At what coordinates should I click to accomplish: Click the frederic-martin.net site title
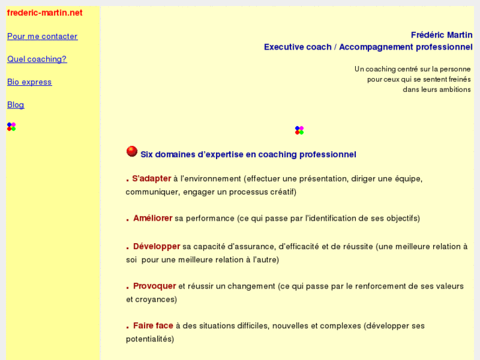pos(44,13)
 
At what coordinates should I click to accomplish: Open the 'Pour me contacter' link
pos(42,36)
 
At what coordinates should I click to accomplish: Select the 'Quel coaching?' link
pos(37,59)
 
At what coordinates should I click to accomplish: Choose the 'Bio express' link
pos(29,82)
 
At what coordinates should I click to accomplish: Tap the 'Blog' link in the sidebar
pos(15,104)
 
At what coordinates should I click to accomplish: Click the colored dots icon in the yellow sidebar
pos(11,126)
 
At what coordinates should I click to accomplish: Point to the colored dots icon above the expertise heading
pos(299,130)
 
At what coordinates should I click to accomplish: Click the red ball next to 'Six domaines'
pos(132,151)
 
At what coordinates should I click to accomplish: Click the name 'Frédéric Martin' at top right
pos(441,35)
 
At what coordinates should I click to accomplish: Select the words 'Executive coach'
pos(297,47)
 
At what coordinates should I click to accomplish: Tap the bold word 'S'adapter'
pos(151,178)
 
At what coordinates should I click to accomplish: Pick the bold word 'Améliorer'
pos(153,218)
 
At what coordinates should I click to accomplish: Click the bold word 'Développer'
pos(156,246)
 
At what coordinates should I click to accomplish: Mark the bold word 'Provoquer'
pos(154,286)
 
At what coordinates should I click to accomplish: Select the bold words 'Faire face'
pos(153,326)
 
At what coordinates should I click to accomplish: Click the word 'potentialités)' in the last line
pos(150,339)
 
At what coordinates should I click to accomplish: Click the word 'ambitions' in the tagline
pos(454,89)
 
